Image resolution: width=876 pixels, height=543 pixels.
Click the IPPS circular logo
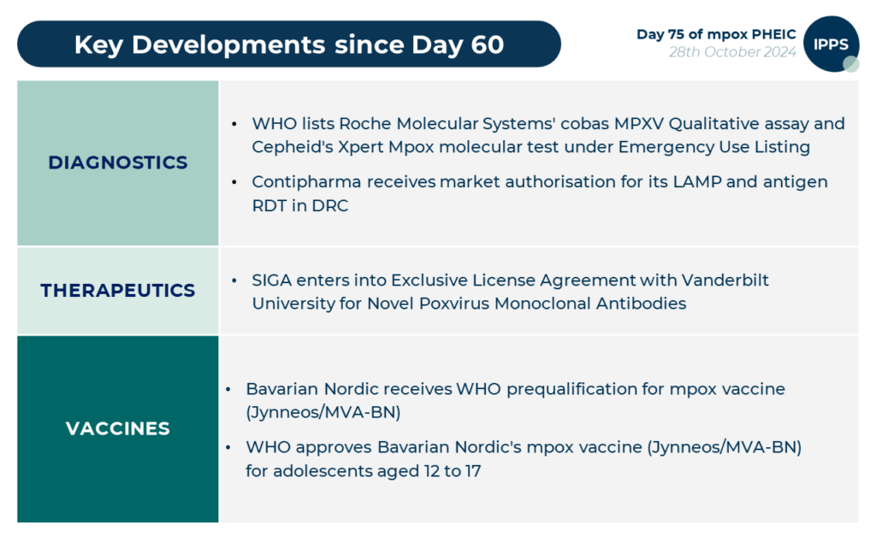coord(831,44)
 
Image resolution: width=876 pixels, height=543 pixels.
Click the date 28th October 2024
coord(732,53)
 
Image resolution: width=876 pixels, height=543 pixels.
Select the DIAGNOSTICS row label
coord(118,162)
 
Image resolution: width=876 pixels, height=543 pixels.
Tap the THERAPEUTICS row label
coord(118,291)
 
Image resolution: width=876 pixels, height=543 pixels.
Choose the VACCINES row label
coord(118,428)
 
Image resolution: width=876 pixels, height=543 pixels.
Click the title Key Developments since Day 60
coord(288,44)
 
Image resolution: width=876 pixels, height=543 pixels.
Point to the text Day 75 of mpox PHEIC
coord(716,34)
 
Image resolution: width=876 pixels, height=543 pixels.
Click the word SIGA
coord(272,280)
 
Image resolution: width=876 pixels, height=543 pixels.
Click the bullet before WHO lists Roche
coord(235,125)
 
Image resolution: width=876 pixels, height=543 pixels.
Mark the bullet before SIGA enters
coord(235,281)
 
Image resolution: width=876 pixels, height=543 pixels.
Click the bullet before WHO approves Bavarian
coord(228,447)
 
